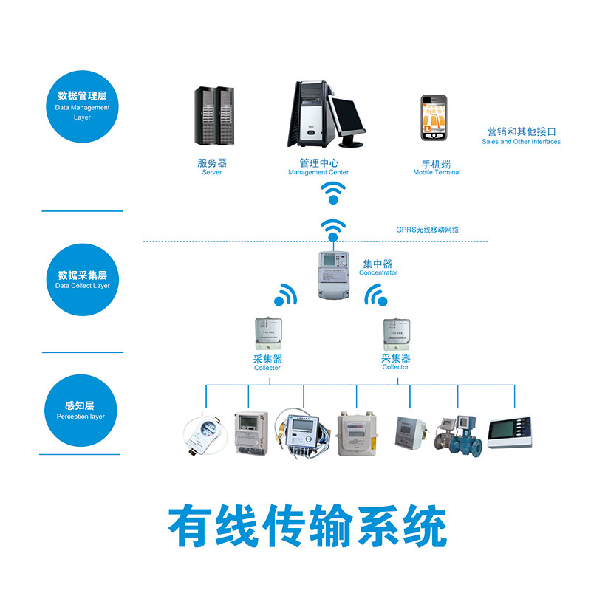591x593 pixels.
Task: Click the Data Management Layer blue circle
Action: point(82,106)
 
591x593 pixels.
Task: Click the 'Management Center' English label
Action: point(318,173)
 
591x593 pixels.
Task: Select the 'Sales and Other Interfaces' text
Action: point(521,142)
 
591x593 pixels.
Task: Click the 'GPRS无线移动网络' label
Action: point(428,230)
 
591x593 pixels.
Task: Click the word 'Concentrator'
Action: point(378,273)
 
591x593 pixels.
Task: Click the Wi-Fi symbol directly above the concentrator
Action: point(333,228)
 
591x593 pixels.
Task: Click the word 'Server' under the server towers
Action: point(212,173)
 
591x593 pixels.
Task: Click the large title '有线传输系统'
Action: point(307,526)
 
